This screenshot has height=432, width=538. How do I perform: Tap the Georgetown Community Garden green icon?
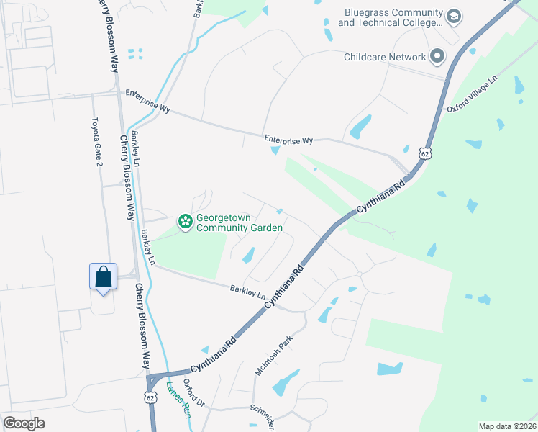pos(185,222)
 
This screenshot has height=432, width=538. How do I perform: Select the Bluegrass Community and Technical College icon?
pos(453,16)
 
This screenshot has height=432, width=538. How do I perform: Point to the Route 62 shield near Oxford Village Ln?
pos(427,153)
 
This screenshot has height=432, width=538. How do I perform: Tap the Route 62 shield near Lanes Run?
pos(150,397)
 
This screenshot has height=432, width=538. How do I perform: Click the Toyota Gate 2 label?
pos(98,143)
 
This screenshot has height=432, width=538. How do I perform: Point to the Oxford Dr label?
pos(194,394)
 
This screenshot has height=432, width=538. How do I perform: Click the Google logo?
pos(24,423)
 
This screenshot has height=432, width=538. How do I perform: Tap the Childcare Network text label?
pos(385,56)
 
